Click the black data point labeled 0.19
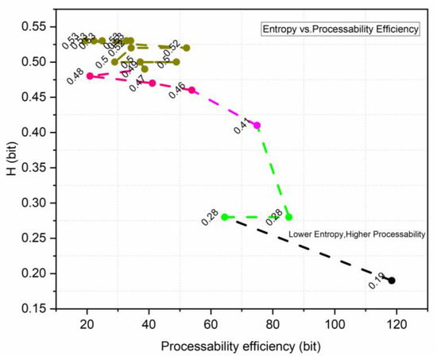392,281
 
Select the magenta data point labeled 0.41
257,126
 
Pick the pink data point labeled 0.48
90,76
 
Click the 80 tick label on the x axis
273,326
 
